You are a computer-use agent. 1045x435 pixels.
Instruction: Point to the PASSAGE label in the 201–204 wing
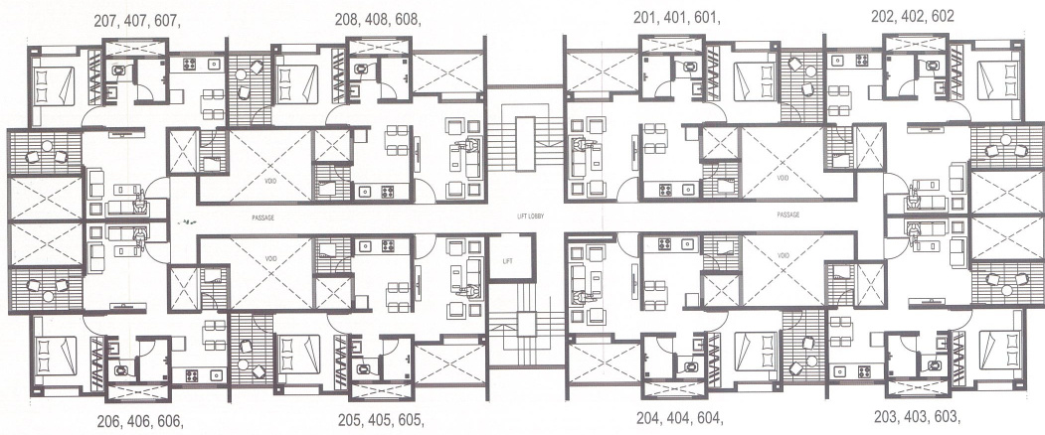[x=789, y=215]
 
